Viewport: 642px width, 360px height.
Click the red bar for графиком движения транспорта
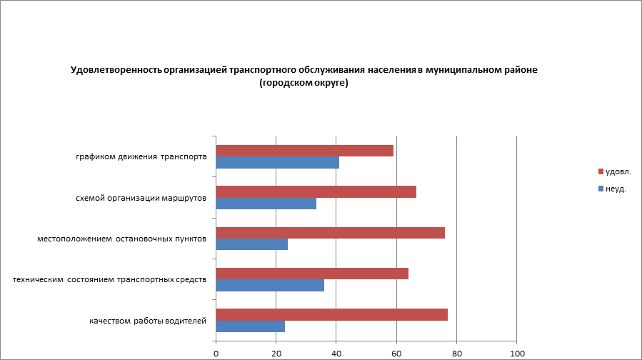click(304, 151)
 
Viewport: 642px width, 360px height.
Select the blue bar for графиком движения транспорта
click(277, 163)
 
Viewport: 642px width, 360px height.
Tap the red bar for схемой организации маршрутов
click(316, 191)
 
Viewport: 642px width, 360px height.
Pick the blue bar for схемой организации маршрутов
click(266, 204)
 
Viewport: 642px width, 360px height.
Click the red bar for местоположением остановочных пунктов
click(330, 233)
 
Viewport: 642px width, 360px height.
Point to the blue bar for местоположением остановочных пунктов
click(251, 244)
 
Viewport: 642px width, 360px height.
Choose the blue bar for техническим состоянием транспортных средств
click(270, 285)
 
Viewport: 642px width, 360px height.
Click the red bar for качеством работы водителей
click(331, 314)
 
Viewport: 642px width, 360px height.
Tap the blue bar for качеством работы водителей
click(250, 326)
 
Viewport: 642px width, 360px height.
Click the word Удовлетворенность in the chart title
click(116, 71)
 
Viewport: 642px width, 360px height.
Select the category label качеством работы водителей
click(148, 321)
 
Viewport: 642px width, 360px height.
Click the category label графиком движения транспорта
click(141, 156)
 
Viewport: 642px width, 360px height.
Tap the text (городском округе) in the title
click(304, 84)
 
